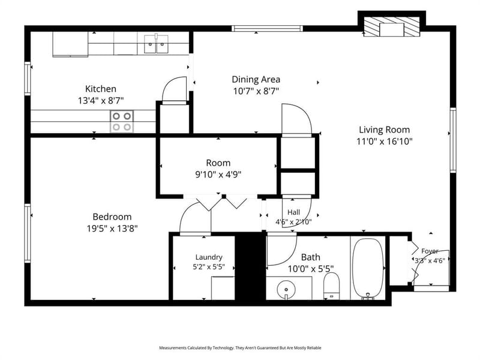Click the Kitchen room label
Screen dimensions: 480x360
(100, 89)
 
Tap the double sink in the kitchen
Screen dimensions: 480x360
(156, 44)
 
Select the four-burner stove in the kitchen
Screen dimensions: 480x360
(122, 121)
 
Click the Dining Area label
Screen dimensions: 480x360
(256, 80)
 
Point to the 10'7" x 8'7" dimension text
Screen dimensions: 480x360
(256, 91)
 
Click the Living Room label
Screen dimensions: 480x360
(384, 130)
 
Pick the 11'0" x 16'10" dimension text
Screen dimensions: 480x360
(385, 142)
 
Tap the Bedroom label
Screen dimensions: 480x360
(112, 217)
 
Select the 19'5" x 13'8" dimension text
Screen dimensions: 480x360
(112, 229)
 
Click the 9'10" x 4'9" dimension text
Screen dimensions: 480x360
(218, 175)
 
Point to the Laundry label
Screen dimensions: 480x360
(209, 257)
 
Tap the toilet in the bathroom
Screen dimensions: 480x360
(332, 286)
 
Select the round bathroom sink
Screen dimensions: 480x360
(286, 290)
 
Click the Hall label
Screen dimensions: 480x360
(293, 212)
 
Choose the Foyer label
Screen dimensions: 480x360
(430, 251)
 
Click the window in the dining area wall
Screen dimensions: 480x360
(267, 28)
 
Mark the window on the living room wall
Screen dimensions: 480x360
(453, 140)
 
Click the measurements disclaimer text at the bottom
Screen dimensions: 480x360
(240, 348)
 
